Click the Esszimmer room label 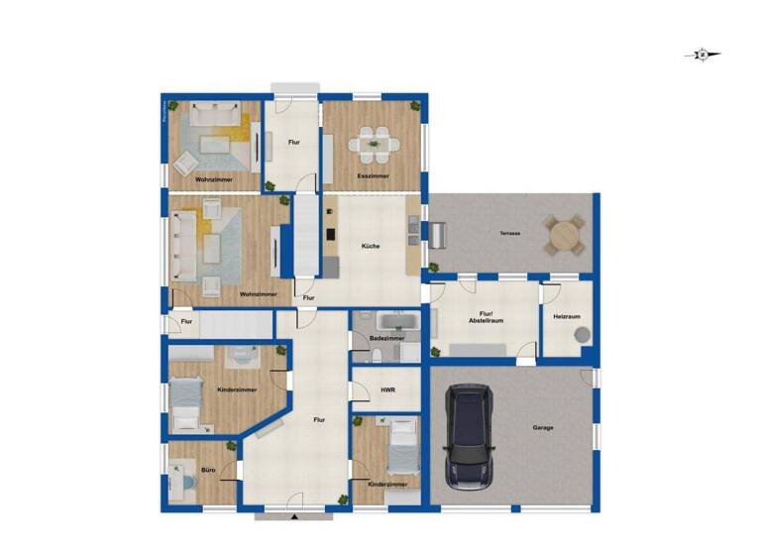tap(374, 176)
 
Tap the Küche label tap(371, 247)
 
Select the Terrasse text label tap(511, 233)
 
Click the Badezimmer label tap(384, 338)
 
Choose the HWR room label tap(387, 390)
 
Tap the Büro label tap(208, 469)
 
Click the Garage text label tap(541, 428)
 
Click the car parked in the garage tap(471, 437)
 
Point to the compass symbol tap(702, 55)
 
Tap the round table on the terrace tap(565, 236)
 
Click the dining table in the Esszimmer tap(375, 146)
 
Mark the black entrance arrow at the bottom tap(294, 516)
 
